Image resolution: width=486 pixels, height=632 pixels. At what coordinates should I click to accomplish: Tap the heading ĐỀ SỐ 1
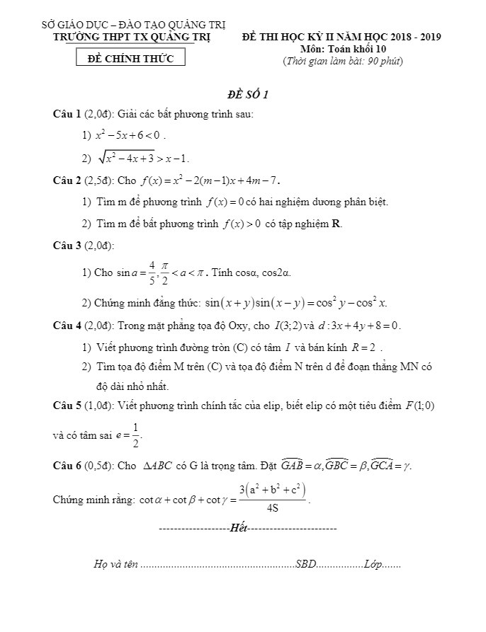pyautogui.click(x=247, y=96)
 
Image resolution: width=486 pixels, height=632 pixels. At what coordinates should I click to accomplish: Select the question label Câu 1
pyautogui.click(x=68, y=113)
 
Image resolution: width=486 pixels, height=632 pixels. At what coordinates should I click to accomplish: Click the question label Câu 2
pyautogui.click(x=68, y=180)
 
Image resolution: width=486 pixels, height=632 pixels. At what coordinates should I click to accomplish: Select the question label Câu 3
pyautogui.click(x=68, y=246)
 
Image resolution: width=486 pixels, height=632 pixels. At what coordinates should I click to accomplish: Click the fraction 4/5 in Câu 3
pyautogui.click(x=152, y=272)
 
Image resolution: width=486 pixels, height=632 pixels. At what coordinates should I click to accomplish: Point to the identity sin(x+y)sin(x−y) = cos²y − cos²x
pyautogui.click(x=295, y=303)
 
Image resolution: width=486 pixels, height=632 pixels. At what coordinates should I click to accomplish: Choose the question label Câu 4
pyautogui.click(x=68, y=326)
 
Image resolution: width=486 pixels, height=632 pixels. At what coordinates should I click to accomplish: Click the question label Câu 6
pyautogui.click(x=68, y=466)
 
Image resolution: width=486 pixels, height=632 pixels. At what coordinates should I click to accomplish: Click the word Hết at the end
pyautogui.click(x=239, y=528)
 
